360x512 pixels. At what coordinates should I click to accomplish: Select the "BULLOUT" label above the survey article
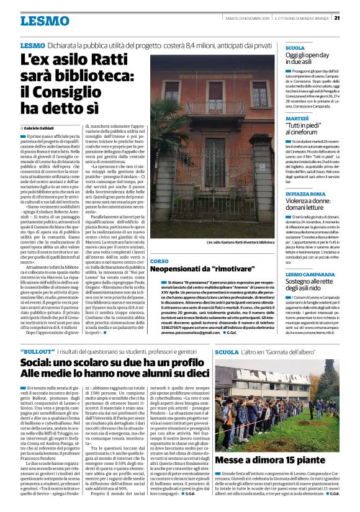[x=37, y=352]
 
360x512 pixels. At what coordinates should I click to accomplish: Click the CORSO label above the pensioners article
[x=159, y=261]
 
